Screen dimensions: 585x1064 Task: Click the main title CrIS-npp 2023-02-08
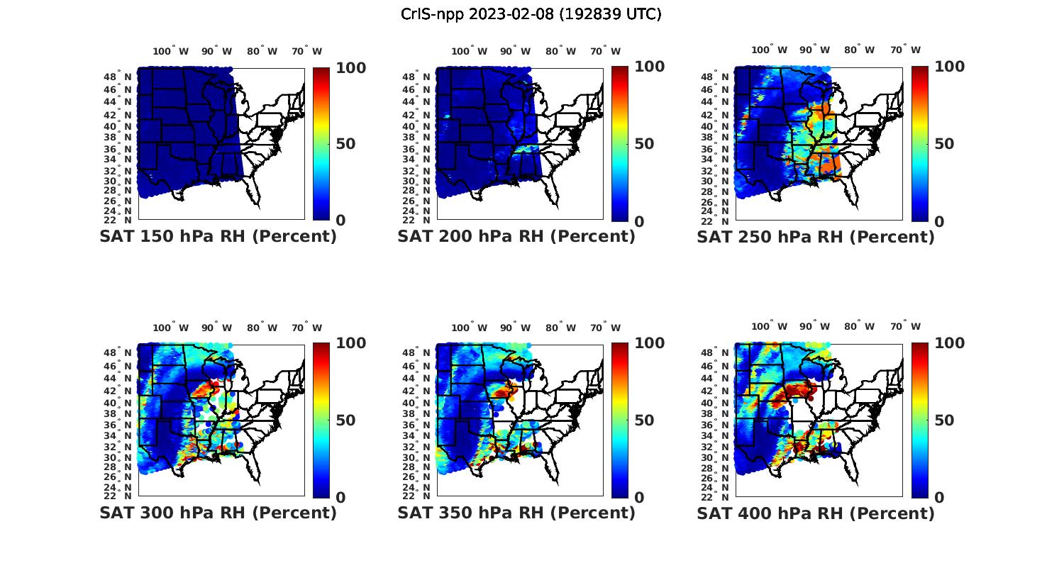[531, 14]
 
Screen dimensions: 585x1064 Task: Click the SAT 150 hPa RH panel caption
[218, 237]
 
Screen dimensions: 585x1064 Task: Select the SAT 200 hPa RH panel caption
[516, 237]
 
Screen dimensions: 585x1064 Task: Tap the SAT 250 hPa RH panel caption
[816, 237]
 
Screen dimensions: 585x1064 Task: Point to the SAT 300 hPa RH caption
[218, 513]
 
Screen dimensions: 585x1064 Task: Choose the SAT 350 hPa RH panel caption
[516, 513]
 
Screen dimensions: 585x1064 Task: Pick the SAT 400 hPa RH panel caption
[816, 513]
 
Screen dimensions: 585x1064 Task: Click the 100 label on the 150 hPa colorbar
[331, 67]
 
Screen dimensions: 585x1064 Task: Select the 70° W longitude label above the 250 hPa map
[906, 50]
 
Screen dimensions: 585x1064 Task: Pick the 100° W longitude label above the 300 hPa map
[171, 328]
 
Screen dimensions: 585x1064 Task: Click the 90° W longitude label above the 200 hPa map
[515, 51]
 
